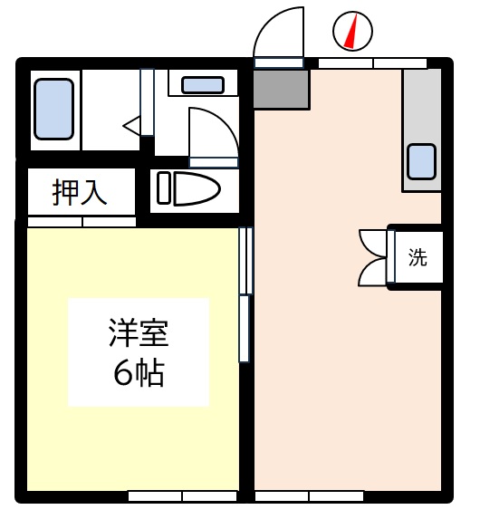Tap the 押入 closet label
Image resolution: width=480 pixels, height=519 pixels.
coord(80,192)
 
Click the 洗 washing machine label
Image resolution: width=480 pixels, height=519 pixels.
coord(418,257)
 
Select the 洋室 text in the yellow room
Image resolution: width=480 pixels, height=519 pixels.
coord(139,332)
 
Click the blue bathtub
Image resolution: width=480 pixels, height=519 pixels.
coord(53,110)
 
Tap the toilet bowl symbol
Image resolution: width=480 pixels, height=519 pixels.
coord(197,188)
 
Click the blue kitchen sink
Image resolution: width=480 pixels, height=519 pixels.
coord(421,162)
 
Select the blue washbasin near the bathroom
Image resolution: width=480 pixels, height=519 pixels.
coord(203,85)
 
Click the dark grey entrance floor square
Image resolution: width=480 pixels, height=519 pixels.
coord(282,89)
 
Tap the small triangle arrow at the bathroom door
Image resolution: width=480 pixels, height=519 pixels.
coord(131,126)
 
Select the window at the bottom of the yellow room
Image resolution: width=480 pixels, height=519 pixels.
coord(182,496)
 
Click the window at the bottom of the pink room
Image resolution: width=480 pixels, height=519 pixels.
coord(309,496)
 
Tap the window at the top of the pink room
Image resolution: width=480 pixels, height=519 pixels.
coord(373,63)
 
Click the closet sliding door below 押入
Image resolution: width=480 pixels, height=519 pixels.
coord(82,222)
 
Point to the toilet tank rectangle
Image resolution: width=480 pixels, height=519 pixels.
coord(164,187)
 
